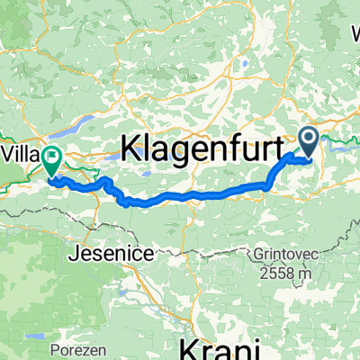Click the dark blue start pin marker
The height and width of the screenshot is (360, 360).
point(308,139)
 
